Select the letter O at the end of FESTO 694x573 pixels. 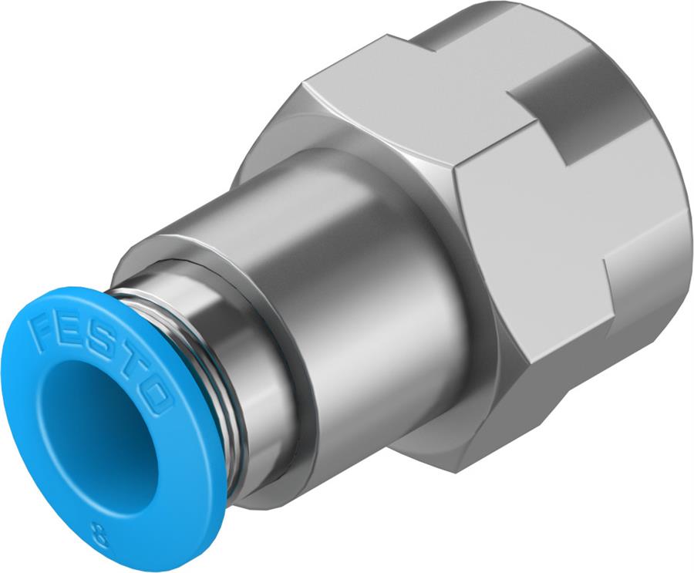157,398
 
